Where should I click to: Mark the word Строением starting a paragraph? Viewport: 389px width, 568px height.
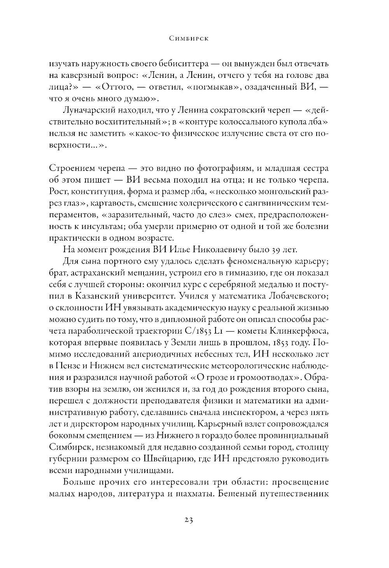click(x=77, y=169)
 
